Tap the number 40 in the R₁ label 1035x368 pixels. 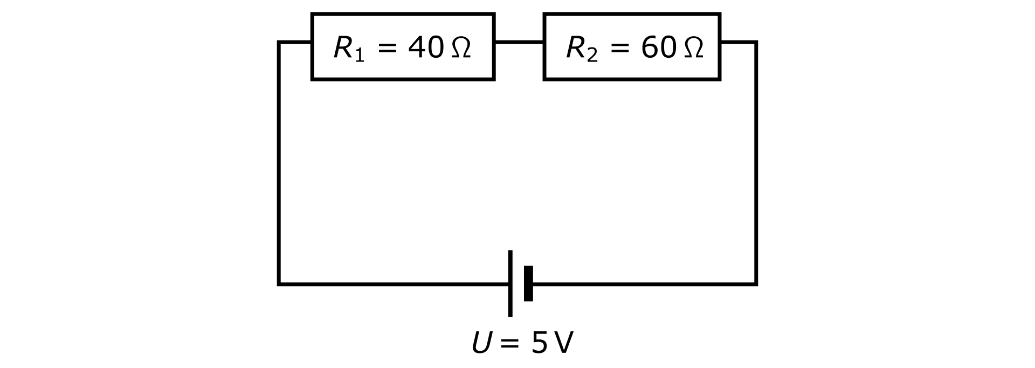(426, 47)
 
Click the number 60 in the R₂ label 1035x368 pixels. (658, 47)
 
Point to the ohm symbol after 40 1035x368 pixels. (460, 48)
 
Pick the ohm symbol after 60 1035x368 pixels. (693, 48)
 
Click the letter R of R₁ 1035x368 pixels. (343, 47)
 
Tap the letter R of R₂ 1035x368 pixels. (576, 47)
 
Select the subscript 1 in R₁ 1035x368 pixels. (360, 56)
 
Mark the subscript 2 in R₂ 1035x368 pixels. (592, 56)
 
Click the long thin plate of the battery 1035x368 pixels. (510, 283)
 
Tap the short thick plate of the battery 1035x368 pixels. (528, 283)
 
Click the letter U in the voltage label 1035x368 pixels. (481, 343)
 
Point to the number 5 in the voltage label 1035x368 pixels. (539, 343)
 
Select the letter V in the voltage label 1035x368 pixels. (563, 343)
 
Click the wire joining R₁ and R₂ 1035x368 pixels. (519, 42)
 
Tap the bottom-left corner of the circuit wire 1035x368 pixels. (279, 284)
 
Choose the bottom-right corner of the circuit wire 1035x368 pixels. (756, 284)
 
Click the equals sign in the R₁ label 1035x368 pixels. (388, 48)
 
